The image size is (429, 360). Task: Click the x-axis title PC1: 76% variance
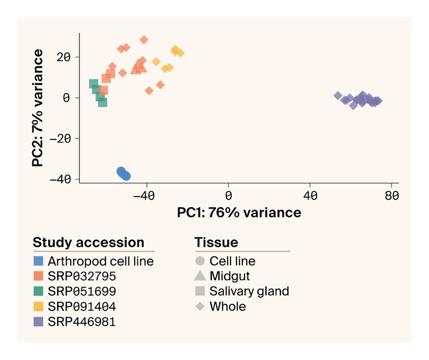[x=239, y=212]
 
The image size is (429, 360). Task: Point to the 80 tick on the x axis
[x=392, y=196]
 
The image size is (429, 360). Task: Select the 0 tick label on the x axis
[x=228, y=196]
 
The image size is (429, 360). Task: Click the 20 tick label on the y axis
[x=64, y=57]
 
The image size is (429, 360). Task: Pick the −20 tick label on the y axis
[x=60, y=138]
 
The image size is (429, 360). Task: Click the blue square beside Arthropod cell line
[x=38, y=261]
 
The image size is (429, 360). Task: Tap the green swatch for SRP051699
[x=38, y=291]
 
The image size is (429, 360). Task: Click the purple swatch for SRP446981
[x=38, y=321]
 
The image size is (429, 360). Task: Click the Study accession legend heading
[x=88, y=242]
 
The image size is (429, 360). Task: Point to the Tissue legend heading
[x=216, y=242]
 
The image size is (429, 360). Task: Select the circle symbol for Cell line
[x=200, y=261]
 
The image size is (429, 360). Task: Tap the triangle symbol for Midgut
[x=200, y=277]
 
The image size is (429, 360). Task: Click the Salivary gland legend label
[x=249, y=291]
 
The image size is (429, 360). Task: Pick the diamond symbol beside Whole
[x=200, y=306]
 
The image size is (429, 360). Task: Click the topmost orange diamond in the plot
[x=144, y=40]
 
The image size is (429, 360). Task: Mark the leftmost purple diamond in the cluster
[x=338, y=95]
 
